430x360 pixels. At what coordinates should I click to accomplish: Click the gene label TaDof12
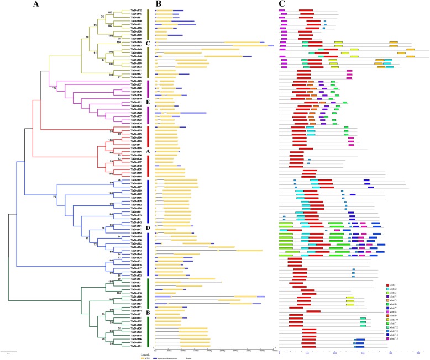(x=136, y=10)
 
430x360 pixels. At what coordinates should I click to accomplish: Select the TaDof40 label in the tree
(x=136, y=21)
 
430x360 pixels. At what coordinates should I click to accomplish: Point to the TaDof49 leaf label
(x=136, y=49)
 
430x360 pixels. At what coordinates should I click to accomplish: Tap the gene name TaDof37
(x=136, y=84)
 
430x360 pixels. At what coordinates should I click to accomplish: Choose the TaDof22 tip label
(x=136, y=113)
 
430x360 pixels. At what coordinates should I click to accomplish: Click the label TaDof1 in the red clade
(x=136, y=145)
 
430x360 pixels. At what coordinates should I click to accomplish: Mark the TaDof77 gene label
(x=136, y=187)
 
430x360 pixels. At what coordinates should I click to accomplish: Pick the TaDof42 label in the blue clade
(x=136, y=223)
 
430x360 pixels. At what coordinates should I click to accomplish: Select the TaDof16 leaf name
(x=136, y=265)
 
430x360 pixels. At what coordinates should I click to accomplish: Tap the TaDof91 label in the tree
(x=136, y=346)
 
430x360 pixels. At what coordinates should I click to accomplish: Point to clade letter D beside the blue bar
(x=149, y=227)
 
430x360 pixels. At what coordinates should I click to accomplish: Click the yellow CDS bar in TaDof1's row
(x=166, y=145)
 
